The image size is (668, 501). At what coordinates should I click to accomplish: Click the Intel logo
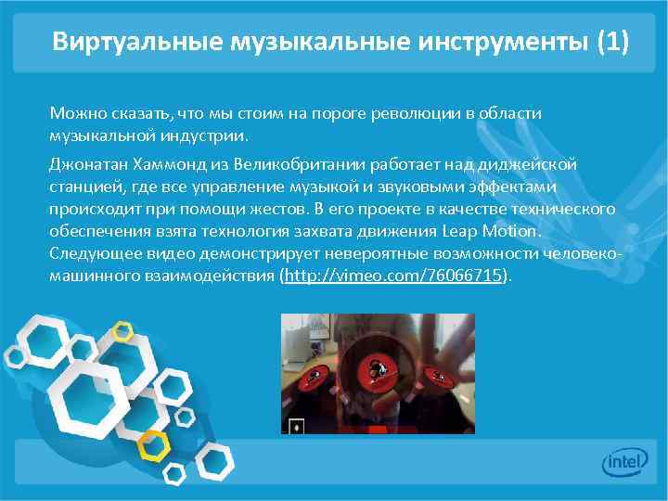pos(626,461)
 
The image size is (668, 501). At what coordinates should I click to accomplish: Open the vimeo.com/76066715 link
pos(393,276)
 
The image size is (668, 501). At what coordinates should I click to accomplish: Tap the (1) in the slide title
pos(612,42)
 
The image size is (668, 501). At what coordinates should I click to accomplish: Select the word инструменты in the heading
pos(499,42)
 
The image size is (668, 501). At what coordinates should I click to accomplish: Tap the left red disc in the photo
pos(316,376)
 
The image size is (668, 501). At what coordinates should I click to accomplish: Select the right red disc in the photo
pos(435,374)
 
